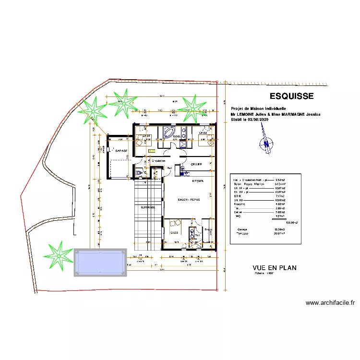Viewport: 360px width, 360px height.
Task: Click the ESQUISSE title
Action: click(291, 96)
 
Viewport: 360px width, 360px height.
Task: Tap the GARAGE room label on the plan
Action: click(121, 151)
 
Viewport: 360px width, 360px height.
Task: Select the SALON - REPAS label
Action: click(189, 199)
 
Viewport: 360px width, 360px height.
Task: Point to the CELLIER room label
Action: click(196, 165)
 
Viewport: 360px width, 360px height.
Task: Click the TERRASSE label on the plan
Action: click(148, 207)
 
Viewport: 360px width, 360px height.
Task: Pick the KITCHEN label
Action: click(198, 181)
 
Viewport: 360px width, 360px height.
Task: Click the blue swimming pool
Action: click(100, 262)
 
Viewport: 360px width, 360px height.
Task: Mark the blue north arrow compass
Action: click(265, 142)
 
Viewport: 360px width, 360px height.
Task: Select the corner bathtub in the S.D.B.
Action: click(169, 132)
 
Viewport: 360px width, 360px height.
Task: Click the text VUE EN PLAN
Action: click(275, 268)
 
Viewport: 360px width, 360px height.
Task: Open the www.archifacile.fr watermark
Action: click(330, 303)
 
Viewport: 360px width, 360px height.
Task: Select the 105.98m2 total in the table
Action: click(292, 223)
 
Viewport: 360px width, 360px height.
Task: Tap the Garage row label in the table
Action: click(242, 229)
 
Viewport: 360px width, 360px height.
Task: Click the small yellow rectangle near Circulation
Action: click(152, 151)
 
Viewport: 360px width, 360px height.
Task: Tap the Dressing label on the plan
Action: click(208, 229)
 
